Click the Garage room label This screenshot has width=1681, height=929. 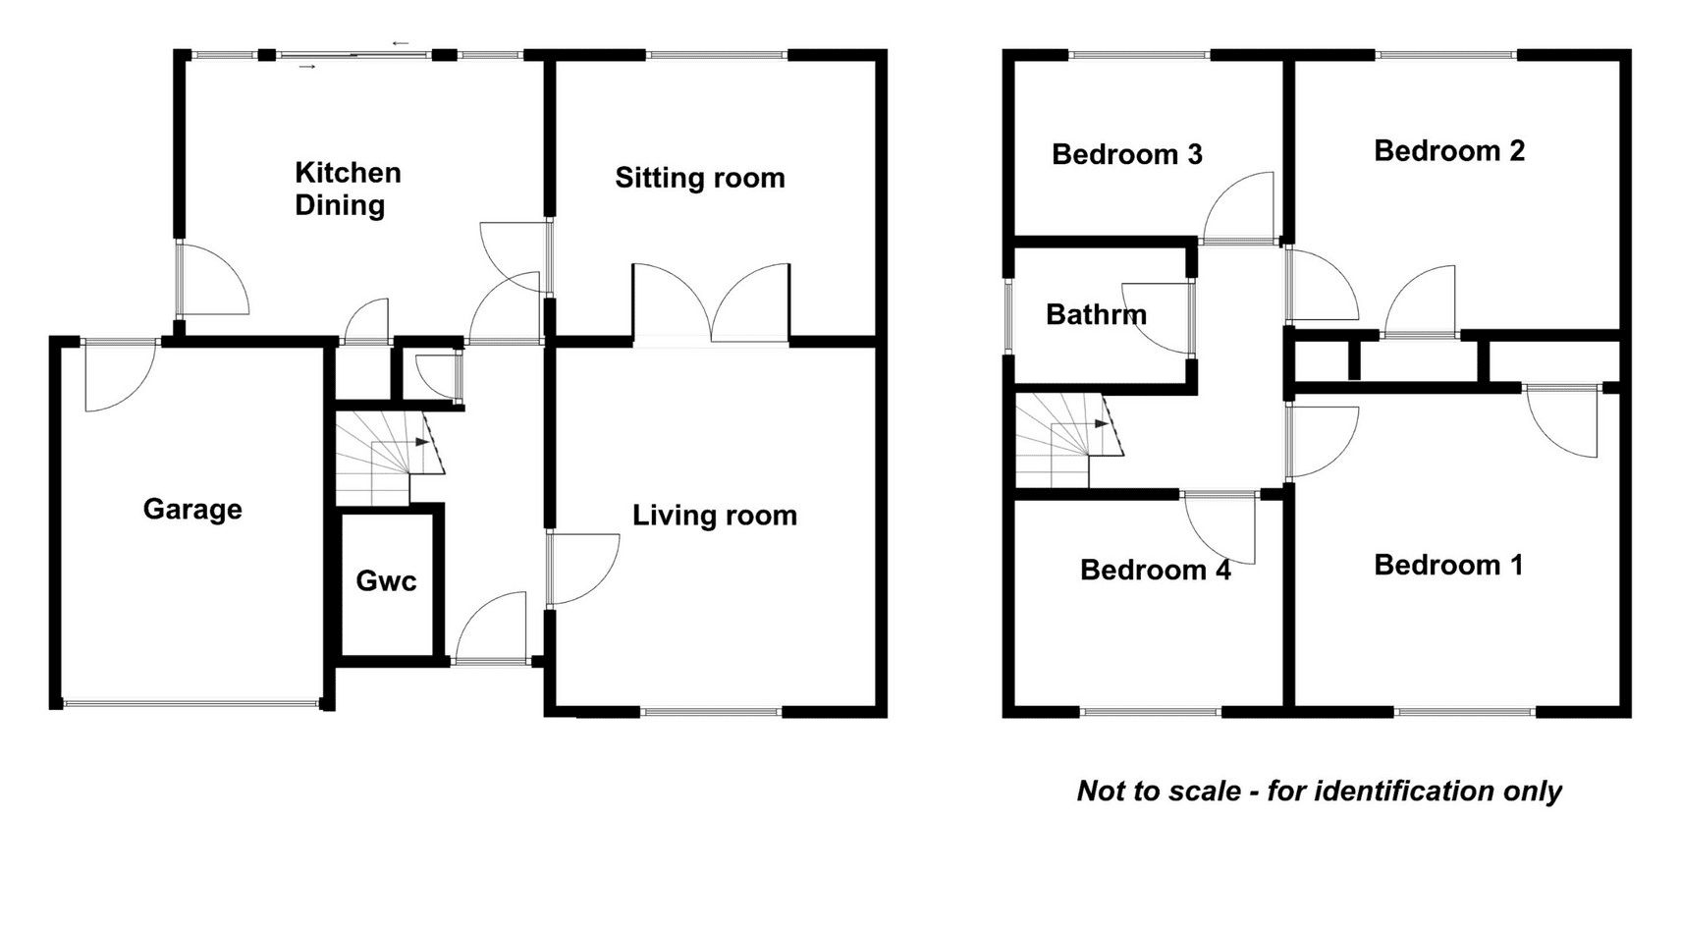coord(192,510)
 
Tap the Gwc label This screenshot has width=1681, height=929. coord(386,580)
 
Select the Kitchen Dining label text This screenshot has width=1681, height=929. coord(348,189)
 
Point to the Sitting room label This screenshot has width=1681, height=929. coord(700,178)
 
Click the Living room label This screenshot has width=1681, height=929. coord(715,516)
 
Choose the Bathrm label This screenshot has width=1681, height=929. coord(1097,314)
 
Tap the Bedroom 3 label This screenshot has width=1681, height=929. coord(1127,154)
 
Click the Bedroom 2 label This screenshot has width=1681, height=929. coord(1449,151)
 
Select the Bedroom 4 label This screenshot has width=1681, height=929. coord(1156,571)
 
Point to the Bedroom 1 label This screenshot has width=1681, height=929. coord(1448,565)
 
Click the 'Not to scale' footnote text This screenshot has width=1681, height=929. coord(1320,791)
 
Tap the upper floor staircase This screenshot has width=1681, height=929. coord(1069,440)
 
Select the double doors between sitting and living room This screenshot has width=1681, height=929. coord(711,304)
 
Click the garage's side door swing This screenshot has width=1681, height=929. coord(120,376)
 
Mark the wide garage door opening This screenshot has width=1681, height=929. coord(191,704)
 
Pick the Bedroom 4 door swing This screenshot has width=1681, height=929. coord(1220,529)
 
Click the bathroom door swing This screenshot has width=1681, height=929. coord(1157,318)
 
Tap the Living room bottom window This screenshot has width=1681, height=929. coord(712,711)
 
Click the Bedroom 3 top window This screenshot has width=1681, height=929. coord(1139,55)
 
